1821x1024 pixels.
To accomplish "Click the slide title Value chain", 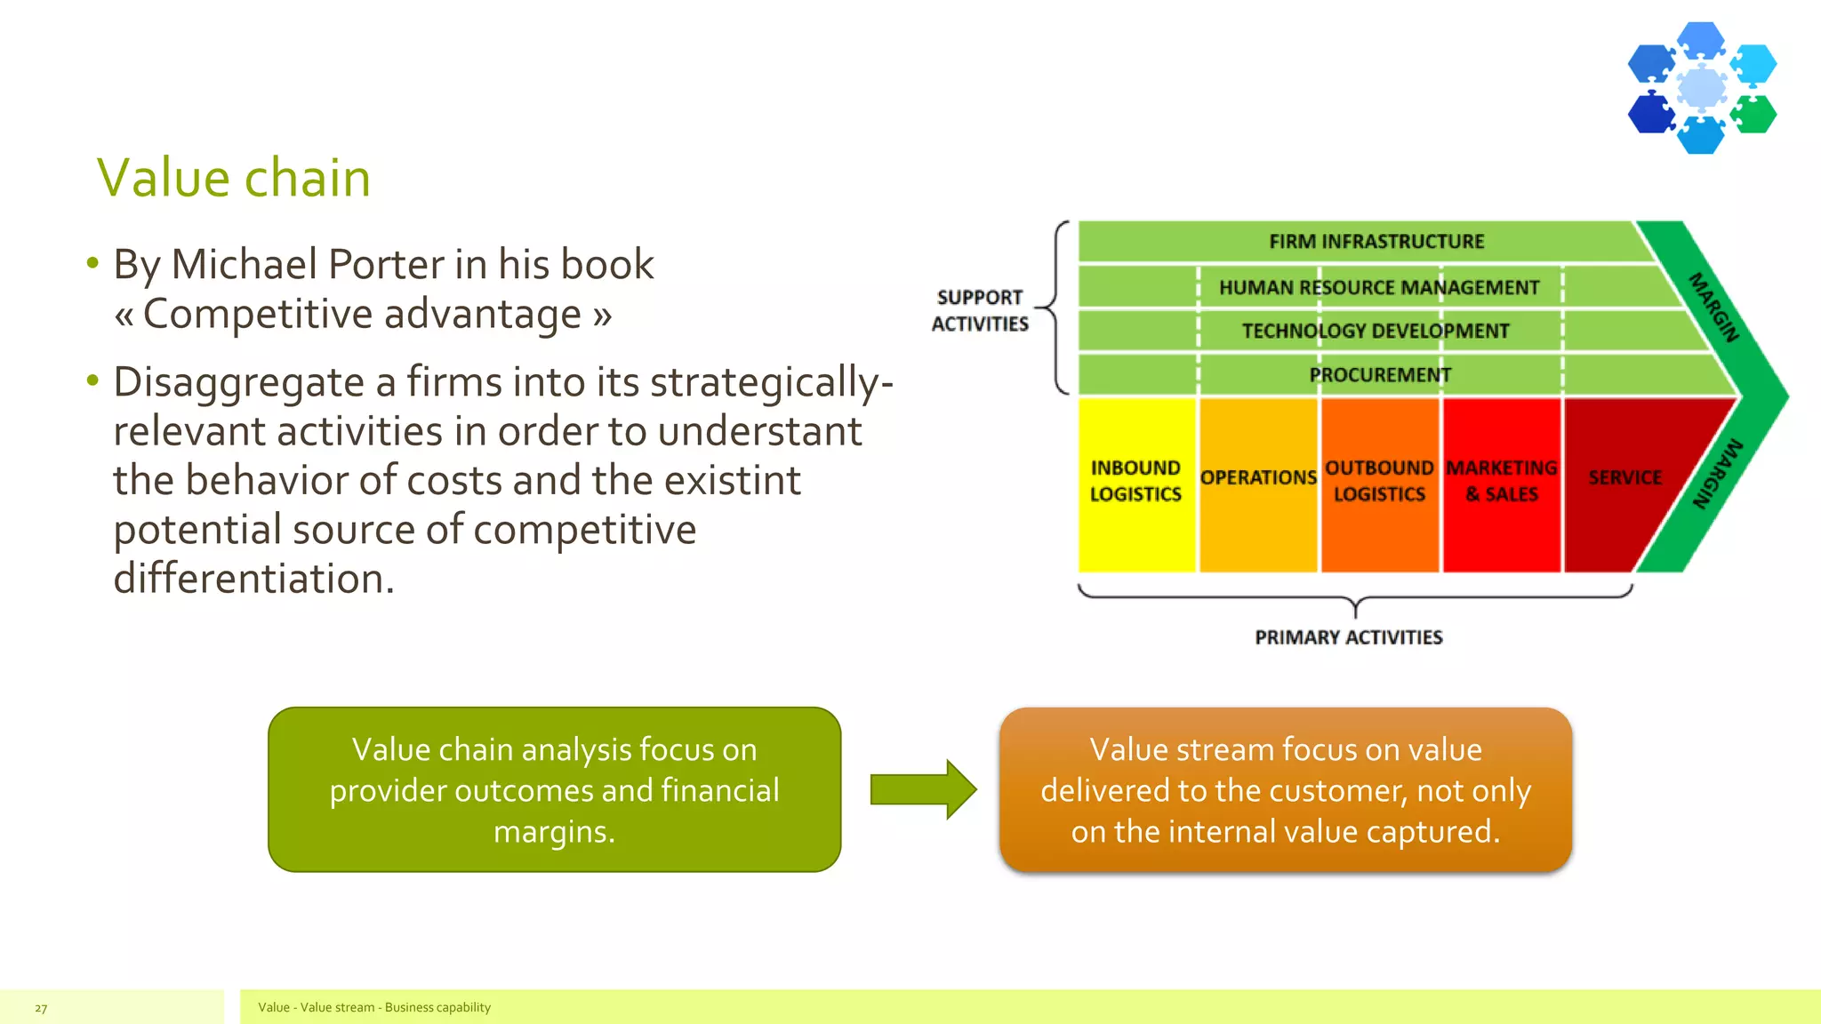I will coord(233,178).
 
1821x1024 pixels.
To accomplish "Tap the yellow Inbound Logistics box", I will coord(1135,484).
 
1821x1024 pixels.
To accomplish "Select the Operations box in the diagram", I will coord(1257,484).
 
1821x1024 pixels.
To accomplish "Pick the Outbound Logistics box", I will coord(1379,484).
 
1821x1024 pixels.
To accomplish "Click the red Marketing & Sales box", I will coord(1501,484).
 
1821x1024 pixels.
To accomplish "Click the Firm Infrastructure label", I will coord(1376,242).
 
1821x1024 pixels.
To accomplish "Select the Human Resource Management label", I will coord(1378,288).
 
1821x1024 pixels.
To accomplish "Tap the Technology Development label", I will coord(1376,332).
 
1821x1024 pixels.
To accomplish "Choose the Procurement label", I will coord(1380,375).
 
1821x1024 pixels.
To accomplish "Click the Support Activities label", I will coord(980,310).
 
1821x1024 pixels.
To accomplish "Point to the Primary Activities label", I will coord(1348,637).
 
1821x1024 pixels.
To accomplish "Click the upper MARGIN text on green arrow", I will coord(1713,308).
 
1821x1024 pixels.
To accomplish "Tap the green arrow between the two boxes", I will coord(923,789).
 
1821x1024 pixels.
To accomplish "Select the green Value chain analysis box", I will coord(554,789).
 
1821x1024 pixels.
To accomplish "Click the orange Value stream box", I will coord(1285,789).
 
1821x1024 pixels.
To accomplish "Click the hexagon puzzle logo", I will coord(1701,88).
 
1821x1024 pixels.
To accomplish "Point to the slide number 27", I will coord(41,1008).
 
